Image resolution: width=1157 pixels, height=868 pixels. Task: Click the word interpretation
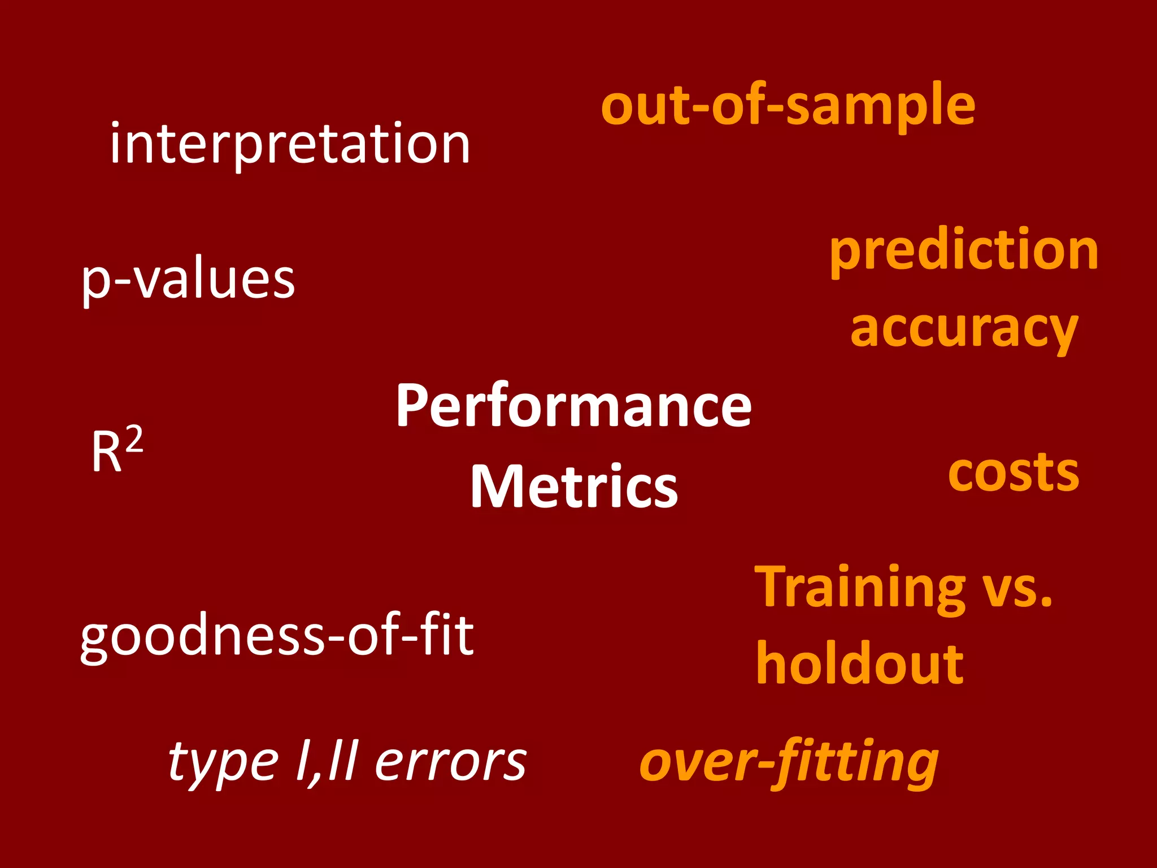coord(290,145)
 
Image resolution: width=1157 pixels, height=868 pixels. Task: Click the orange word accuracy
coord(964,329)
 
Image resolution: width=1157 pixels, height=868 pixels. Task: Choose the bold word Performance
coord(573,406)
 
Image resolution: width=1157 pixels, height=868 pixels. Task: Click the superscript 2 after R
coord(134,440)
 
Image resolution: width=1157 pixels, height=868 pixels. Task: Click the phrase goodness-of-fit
coord(277,636)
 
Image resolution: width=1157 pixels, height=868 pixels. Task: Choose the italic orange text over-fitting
coord(789,763)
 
